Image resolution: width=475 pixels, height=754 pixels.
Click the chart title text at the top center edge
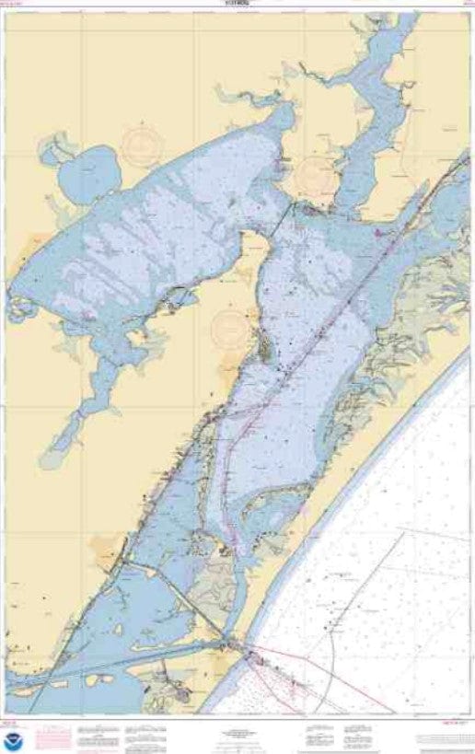point(238,4)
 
